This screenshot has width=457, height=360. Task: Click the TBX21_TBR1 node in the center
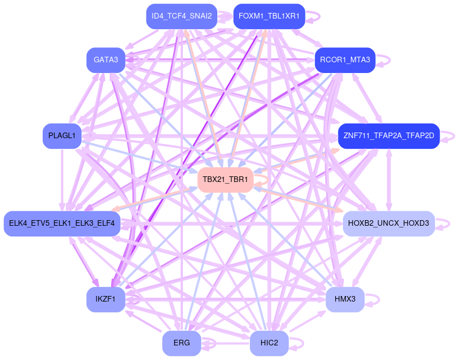[x=226, y=180]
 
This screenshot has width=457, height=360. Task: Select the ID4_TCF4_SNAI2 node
[x=181, y=16]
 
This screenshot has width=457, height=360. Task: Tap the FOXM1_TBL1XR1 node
[x=269, y=16]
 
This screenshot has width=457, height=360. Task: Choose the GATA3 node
[x=106, y=60]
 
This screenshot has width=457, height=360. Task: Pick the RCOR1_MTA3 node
[x=345, y=60]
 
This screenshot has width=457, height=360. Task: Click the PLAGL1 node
[x=62, y=136]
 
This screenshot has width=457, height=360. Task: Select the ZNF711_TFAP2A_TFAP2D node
[x=389, y=136]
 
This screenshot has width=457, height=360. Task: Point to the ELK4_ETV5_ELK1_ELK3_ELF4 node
[x=62, y=224]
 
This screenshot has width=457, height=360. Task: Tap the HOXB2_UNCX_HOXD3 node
[x=389, y=224]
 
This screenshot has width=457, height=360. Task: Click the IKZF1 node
[x=106, y=299]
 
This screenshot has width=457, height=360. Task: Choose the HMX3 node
[x=345, y=299]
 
